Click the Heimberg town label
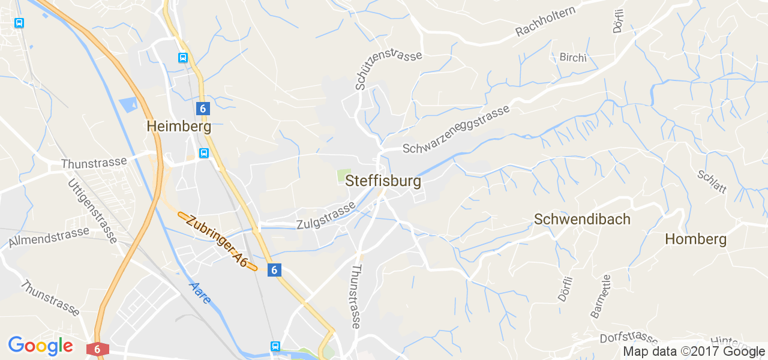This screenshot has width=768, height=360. (179, 127)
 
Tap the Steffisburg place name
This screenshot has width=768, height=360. (383, 181)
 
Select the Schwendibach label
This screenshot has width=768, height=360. (582, 220)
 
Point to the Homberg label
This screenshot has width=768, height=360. (695, 239)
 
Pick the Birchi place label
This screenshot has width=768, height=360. (572, 58)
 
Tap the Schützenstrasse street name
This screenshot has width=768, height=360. (388, 70)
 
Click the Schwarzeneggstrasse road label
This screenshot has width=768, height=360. (457, 129)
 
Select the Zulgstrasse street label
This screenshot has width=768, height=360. (326, 217)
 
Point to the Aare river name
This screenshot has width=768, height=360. (199, 293)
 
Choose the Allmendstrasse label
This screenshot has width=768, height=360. (49, 237)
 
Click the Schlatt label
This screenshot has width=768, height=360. (712, 182)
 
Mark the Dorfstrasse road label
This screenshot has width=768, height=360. (629, 338)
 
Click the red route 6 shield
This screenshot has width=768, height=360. (97, 349)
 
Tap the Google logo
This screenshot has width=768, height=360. (40, 346)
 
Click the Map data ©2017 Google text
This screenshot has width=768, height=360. (694, 352)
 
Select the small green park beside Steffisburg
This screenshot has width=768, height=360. (343, 176)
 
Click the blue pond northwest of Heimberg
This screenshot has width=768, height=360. (128, 106)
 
